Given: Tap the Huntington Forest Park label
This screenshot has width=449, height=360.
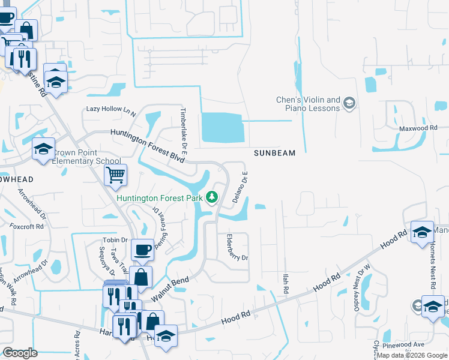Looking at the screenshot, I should pos(160,198).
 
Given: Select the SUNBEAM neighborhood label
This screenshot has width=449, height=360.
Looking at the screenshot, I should pos(274,153).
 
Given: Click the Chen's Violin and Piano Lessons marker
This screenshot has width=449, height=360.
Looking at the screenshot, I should pos(349,104).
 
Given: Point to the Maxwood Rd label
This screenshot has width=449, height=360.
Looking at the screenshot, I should pos(418,128).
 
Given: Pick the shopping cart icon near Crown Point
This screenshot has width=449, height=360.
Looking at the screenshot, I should pos(115,175).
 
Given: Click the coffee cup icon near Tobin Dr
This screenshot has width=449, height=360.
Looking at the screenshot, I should pos(142,250).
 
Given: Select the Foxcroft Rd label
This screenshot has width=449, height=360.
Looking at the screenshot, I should pos(27,226).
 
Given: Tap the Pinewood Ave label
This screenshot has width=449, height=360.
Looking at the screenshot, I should pos(409,344).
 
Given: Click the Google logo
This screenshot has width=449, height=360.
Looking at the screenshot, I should pos(20,353).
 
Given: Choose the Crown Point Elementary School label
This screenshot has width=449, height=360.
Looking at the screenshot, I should pos(86,157).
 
